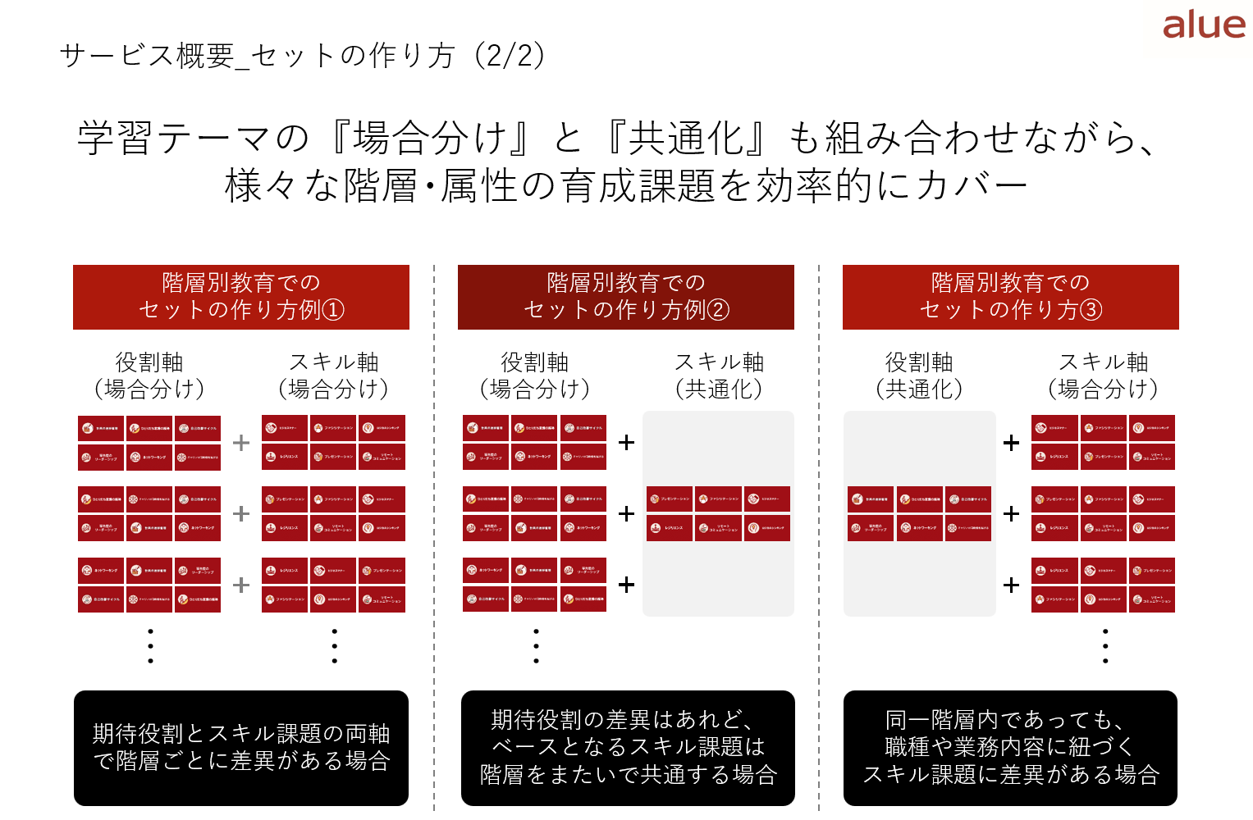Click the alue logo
tap(1203, 25)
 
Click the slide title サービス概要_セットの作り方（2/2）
tap(302, 56)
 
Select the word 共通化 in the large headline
tap(686, 138)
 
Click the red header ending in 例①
tap(241, 297)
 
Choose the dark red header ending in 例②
tap(626, 297)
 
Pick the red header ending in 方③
tap(1011, 297)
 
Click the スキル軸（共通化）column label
tap(719, 376)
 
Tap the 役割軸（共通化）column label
tap(919, 376)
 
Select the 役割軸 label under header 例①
tap(149, 376)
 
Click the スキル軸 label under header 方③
tap(1104, 376)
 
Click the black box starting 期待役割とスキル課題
tap(241, 748)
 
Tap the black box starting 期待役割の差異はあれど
tap(628, 748)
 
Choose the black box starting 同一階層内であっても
tap(1010, 748)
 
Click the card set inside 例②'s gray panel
tap(719, 513)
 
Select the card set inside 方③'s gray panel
tap(919, 513)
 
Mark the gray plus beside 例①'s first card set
tap(241, 443)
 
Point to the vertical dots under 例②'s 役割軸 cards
tap(536, 646)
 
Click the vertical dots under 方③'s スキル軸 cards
tap(1105, 646)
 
